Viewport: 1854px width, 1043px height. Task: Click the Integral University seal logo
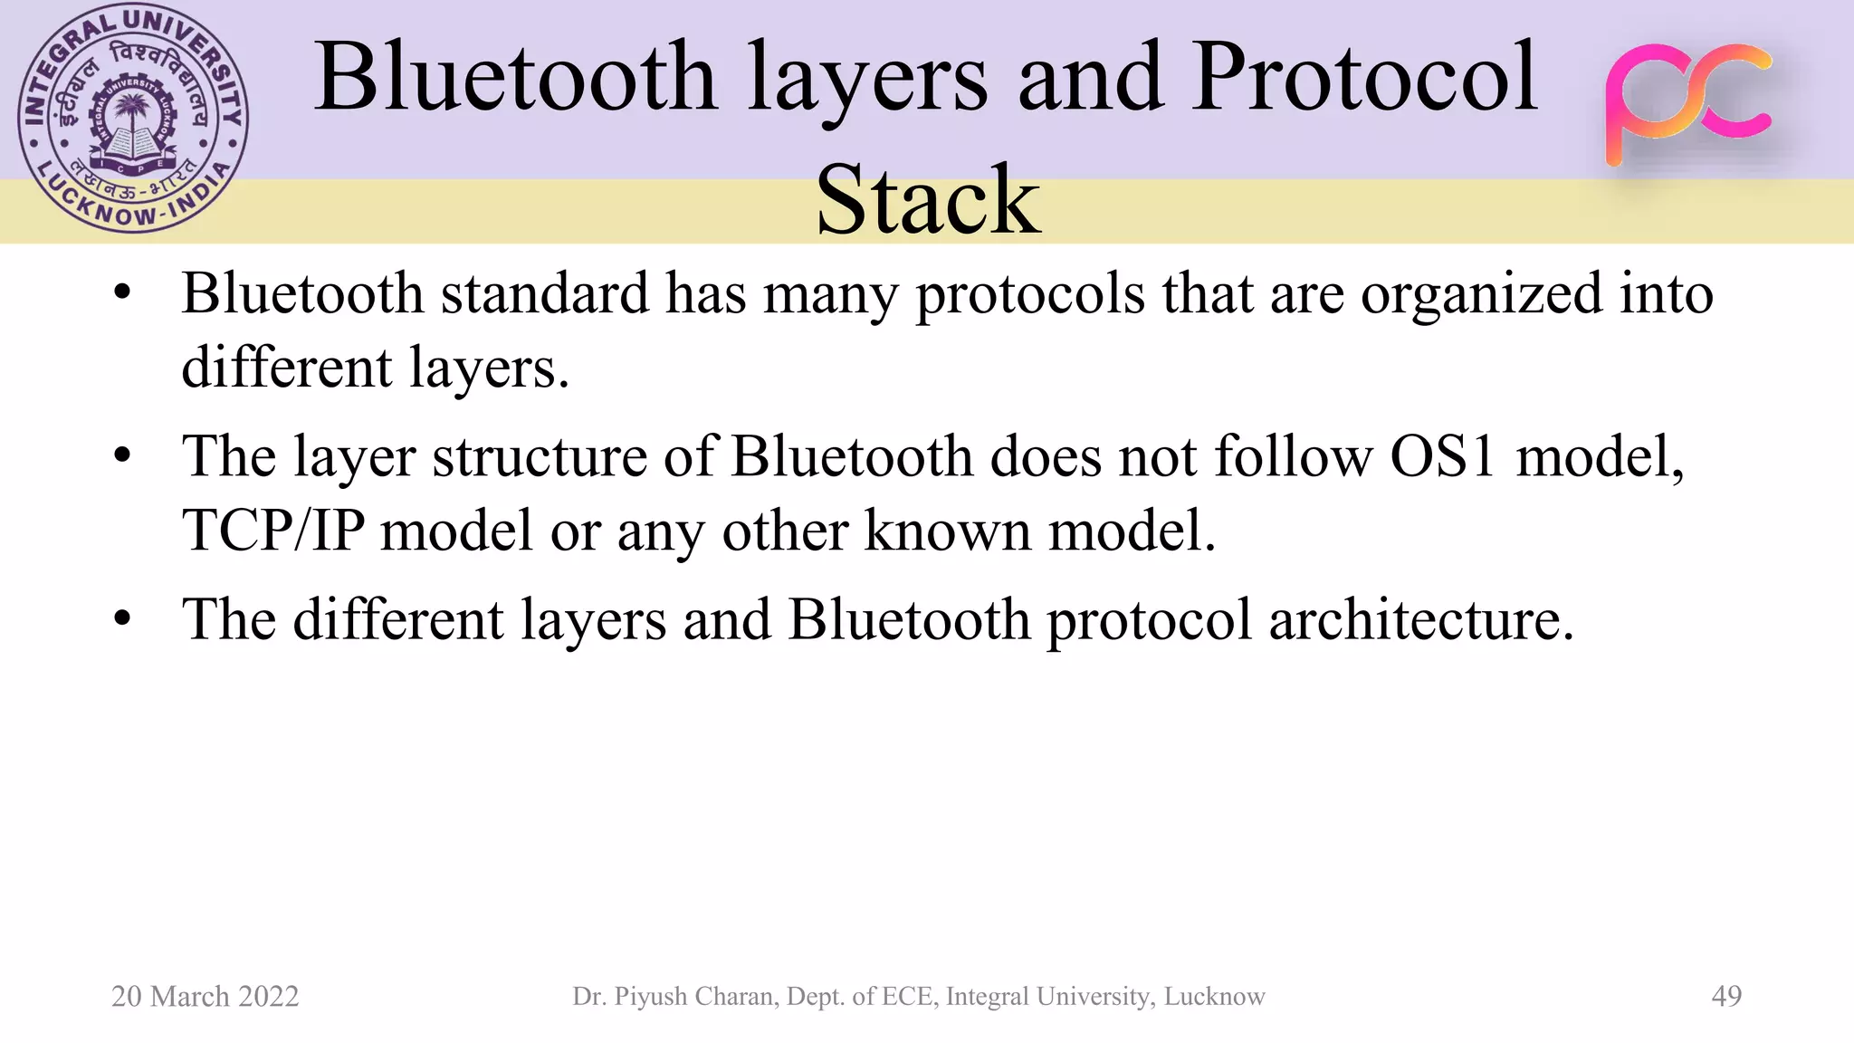133,119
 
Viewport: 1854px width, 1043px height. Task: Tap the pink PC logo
1688,104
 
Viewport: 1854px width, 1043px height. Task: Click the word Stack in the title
928,200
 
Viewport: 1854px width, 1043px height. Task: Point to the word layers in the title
867,80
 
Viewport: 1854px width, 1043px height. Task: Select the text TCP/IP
273,531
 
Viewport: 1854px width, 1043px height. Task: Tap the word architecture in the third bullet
1421,621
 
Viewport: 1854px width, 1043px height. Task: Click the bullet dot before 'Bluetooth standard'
123,293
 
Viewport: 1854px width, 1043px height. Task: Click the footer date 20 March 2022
205,996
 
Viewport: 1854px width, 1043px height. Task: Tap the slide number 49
1726,996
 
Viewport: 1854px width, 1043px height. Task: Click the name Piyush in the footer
651,997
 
